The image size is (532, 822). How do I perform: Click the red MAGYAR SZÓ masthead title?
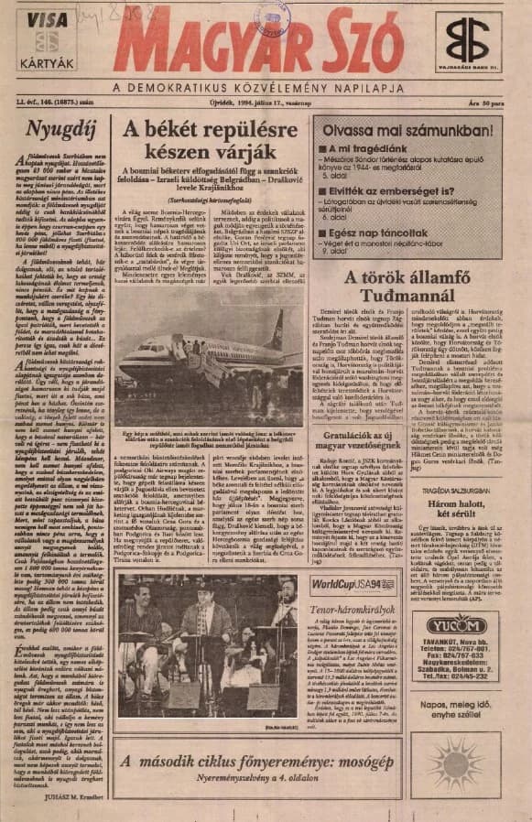point(258,45)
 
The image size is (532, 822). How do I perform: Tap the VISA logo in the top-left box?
point(46,20)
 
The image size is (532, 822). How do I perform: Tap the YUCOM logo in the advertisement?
point(454,625)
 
